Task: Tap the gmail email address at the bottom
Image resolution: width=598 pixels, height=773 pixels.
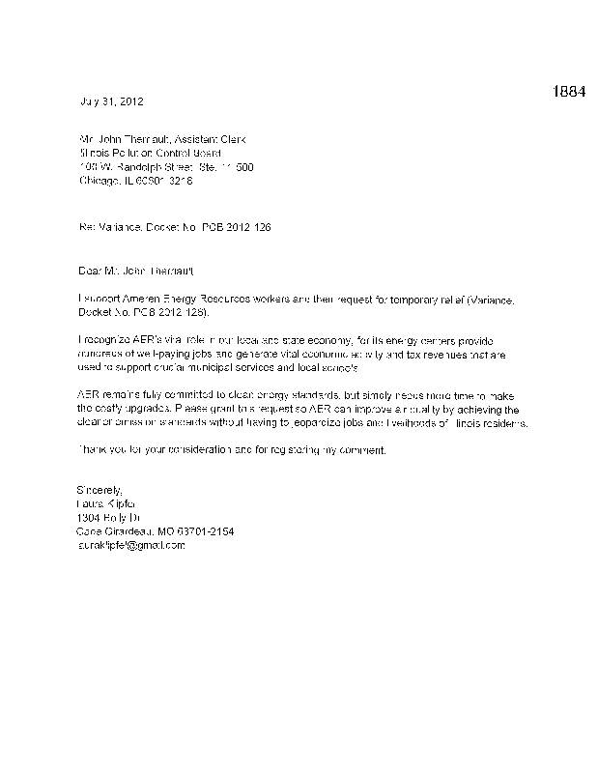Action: [x=129, y=546]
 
